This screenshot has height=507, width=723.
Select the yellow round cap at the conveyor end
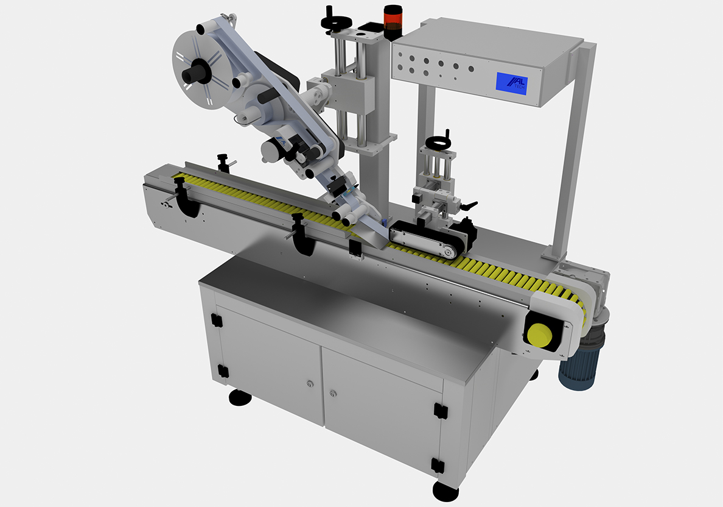click(x=539, y=335)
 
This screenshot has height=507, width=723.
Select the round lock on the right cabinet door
click(x=332, y=393)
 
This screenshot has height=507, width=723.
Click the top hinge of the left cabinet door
click(x=214, y=319)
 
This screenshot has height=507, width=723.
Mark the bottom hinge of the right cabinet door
click(x=436, y=466)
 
